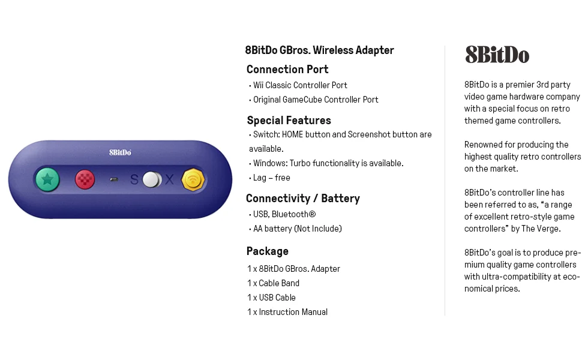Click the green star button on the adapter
tap(47, 179)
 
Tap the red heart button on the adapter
tap(85, 179)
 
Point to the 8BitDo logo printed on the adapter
tap(120, 152)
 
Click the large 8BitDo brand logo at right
tap(497, 55)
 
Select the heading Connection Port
tap(287, 70)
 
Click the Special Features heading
tap(289, 121)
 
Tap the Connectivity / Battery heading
tap(303, 199)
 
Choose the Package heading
tap(268, 251)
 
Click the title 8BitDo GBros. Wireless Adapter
tap(319, 50)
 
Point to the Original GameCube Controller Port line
tap(315, 100)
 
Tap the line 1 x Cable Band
tap(273, 283)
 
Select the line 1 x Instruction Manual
tap(287, 312)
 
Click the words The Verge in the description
tap(542, 229)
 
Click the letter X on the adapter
tap(170, 179)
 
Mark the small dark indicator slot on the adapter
tap(114, 179)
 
